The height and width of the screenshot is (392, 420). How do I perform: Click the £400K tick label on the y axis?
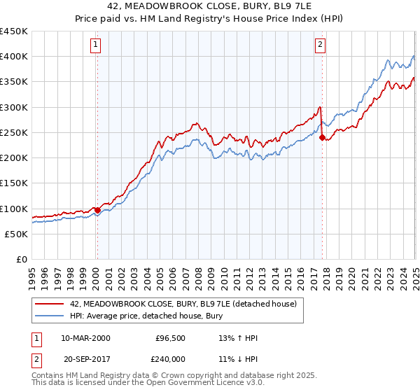[14, 57]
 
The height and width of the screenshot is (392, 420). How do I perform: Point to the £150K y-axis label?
[14, 183]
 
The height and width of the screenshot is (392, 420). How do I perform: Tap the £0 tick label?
[22, 260]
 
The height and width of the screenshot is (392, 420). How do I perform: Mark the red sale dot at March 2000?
[97, 209]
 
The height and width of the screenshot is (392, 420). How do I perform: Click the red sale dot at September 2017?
[322, 138]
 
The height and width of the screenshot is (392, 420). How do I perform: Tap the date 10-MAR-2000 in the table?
[85, 338]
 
